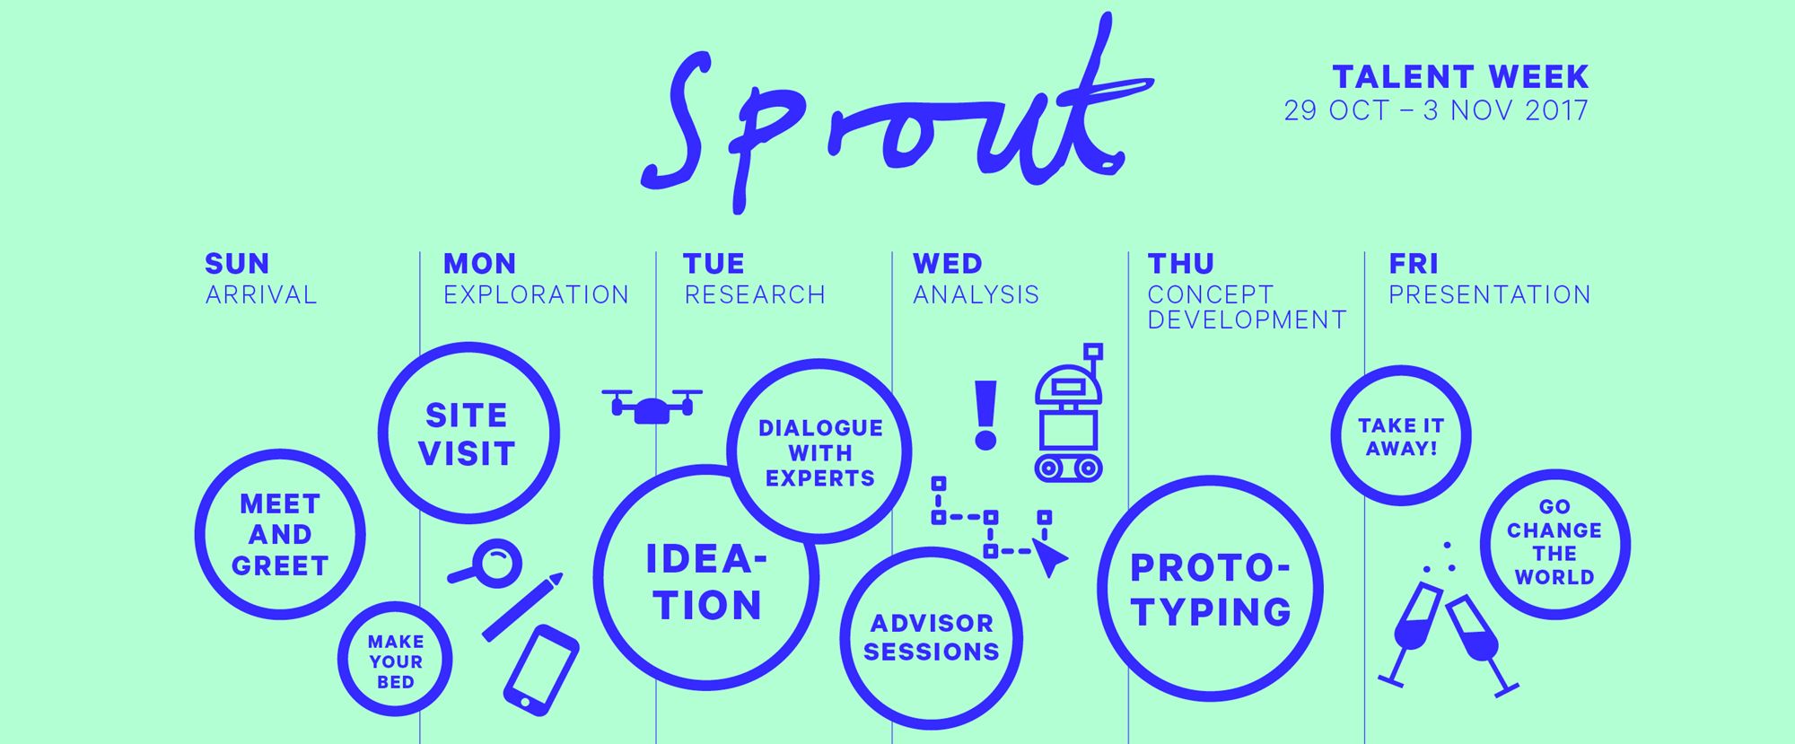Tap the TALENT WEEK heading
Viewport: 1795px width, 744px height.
(1460, 76)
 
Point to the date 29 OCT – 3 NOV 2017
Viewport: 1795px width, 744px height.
(1436, 110)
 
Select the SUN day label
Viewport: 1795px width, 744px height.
(237, 264)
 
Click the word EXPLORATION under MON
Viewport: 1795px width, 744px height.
(536, 294)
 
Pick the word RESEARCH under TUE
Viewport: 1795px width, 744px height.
(755, 294)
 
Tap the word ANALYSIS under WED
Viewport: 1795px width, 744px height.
(976, 294)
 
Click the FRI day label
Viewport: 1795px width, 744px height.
(1414, 264)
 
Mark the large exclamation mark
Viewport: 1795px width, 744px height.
(985, 415)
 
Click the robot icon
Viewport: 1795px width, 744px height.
(1069, 412)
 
